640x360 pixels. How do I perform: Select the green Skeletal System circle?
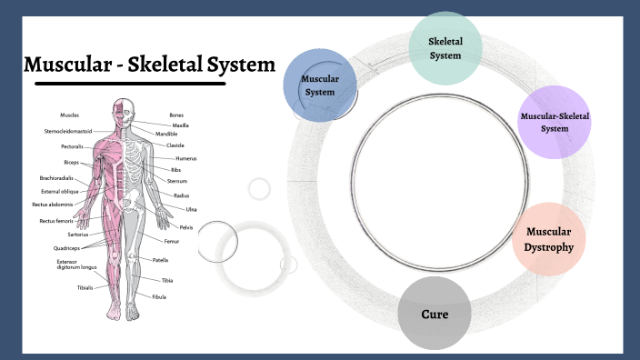click(445, 48)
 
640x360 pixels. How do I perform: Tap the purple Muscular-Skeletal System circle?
click(555, 123)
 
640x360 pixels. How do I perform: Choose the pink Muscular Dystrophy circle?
click(550, 238)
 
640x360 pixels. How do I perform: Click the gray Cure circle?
click(435, 314)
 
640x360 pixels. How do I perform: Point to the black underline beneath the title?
click(130, 84)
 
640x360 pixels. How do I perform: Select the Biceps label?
click(71, 162)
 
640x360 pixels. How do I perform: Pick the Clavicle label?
click(175, 145)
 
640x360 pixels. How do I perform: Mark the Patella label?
click(160, 260)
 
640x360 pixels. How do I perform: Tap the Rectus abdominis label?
click(53, 205)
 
